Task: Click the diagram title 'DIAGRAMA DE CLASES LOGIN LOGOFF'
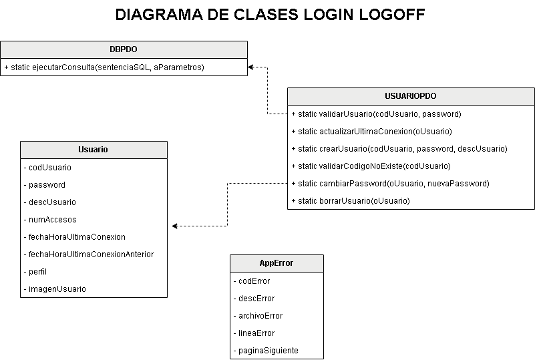coord(270,15)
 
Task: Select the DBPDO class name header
coord(124,49)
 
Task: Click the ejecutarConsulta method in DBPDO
coord(104,67)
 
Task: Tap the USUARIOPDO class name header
coord(411,96)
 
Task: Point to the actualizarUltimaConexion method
coord(371,132)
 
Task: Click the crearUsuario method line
coord(399,149)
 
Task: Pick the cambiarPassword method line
coord(390,184)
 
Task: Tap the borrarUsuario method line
coord(351,201)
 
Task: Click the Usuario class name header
coord(94,150)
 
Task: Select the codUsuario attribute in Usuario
coord(47,168)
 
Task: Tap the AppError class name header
coord(277,263)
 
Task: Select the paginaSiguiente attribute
coord(266,351)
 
